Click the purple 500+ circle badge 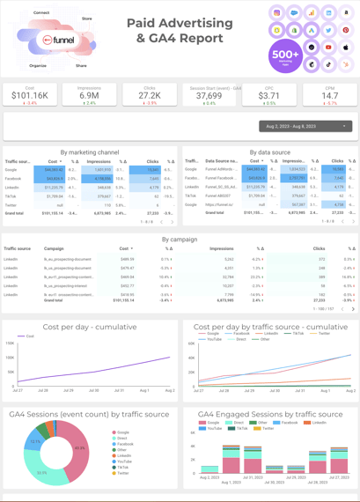click(x=286, y=55)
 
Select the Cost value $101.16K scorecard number click(x=30, y=96)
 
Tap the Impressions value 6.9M click(x=89, y=96)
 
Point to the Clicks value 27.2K click(x=150, y=96)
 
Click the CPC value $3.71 click(x=269, y=96)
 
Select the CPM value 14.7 click(x=329, y=96)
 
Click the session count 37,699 click(x=209, y=96)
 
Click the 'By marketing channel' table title click(x=90, y=152)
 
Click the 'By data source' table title click(x=269, y=152)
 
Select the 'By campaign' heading click(x=180, y=239)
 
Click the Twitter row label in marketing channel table click(x=11, y=204)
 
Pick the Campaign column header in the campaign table click(x=54, y=249)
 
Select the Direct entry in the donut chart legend click(x=122, y=439)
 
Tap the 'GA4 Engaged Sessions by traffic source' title click(x=269, y=413)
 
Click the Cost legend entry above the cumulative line click(x=30, y=336)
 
